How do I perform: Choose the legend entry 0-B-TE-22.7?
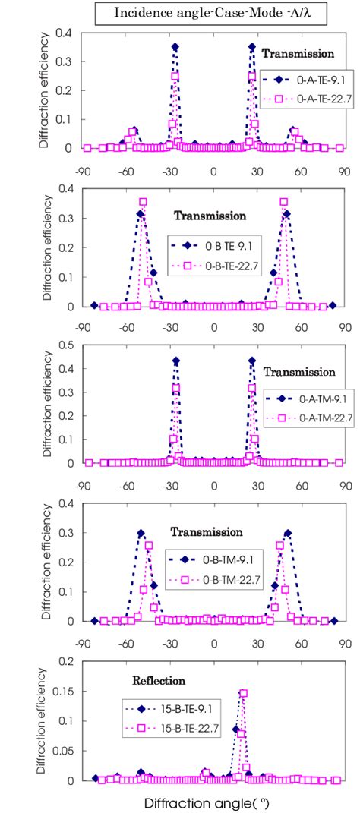(219, 268)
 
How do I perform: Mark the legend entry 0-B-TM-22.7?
(219, 581)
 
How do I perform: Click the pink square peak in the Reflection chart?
(243, 693)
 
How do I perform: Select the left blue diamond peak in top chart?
(175, 47)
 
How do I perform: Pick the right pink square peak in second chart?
(283, 202)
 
